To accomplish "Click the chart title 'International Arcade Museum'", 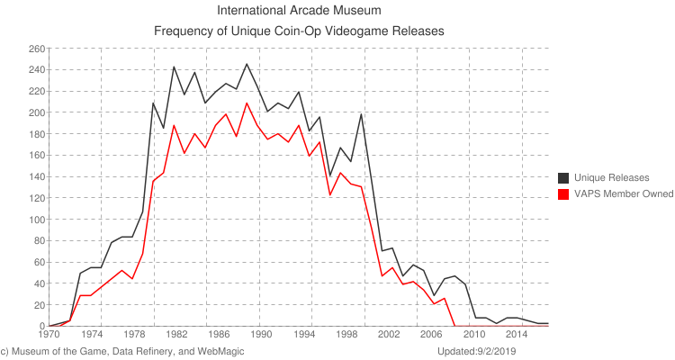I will (300, 12).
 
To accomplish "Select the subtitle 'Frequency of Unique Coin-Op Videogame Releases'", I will (300, 31).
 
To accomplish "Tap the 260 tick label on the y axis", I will (37, 49).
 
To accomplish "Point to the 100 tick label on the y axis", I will (37, 220).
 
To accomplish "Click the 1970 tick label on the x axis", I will (49, 334).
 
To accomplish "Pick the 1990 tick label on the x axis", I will (260, 334).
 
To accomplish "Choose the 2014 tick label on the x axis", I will (515, 334).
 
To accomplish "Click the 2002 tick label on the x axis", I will (388, 334).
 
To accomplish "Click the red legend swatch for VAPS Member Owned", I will (564, 193).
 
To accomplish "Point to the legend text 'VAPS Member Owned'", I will (624, 193).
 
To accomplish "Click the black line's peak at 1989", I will (247, 64).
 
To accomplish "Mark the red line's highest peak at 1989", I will (247, 103).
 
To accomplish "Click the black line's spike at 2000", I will (361, 114).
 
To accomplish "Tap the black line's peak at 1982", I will (174, 67).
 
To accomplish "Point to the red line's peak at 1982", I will (174, 125).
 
